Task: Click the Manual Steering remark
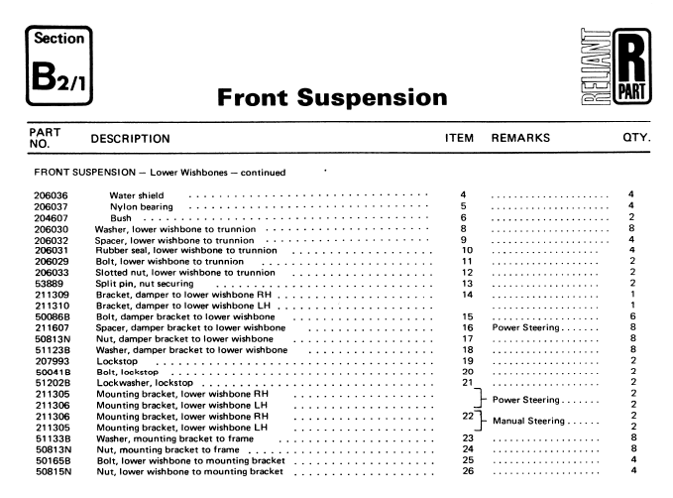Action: pyautogui.click(x=539, y=424)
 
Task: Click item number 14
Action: pyautogui.click(x=465, y=297)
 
